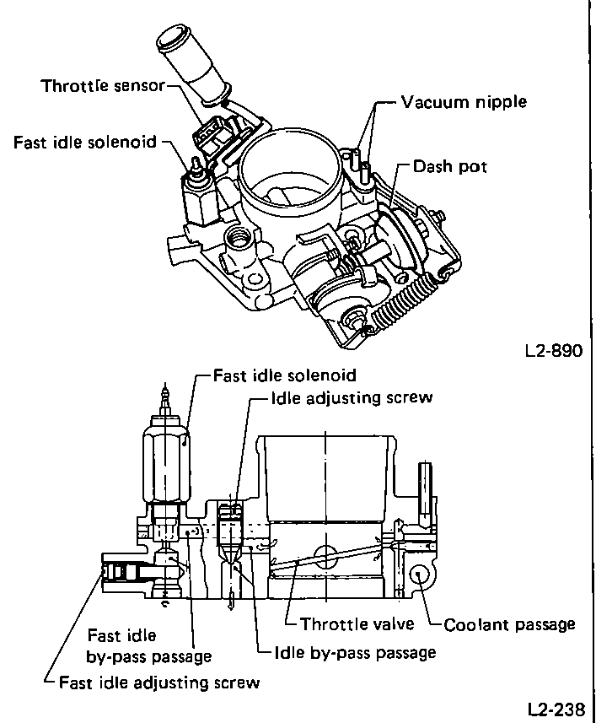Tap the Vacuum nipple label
[x=463, y=102]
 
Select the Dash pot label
[x=449, y=167]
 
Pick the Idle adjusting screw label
[x=351, y=397]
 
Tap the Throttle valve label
[x=358, y=624]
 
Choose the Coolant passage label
[x=510, y=624]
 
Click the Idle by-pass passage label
[x=355, y=652]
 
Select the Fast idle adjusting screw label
[x=159, y=682]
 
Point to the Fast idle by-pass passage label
[x=149, y=645]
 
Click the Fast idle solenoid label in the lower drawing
[x=285, y=375]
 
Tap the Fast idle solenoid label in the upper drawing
[x=85, y=142]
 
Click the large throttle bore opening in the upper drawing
[x=291, y=173]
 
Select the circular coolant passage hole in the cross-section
[x=417, y=577]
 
